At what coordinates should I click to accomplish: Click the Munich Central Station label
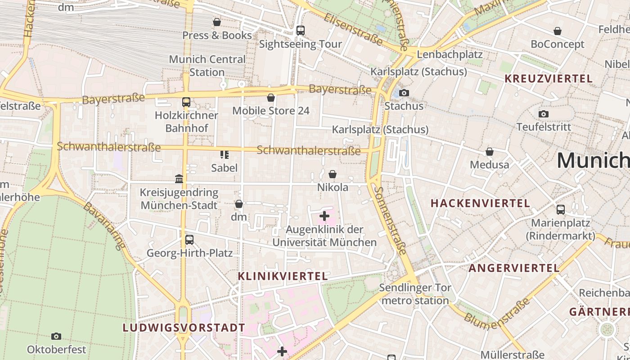207,66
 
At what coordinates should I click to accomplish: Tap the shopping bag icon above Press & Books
217,22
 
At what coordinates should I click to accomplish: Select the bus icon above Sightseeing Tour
301,31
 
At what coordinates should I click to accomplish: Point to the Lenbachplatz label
450,54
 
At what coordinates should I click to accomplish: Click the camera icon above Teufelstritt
544,114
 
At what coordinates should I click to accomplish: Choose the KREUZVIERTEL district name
549,79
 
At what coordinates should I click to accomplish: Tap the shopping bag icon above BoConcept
558,31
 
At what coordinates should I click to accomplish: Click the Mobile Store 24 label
271,111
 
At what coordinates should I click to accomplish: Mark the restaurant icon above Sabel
224,155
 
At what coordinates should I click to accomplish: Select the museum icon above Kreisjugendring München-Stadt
179,179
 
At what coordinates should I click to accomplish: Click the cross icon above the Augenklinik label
324,216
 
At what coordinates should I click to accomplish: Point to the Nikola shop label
333,187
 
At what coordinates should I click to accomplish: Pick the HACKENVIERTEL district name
480,203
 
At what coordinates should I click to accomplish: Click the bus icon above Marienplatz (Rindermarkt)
561,209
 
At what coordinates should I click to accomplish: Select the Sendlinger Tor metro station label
414,294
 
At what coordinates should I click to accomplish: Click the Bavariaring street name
104,225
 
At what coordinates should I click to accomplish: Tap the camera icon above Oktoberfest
56,336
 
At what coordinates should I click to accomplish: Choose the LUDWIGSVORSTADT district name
184,328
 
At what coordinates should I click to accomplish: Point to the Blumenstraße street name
498,313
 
